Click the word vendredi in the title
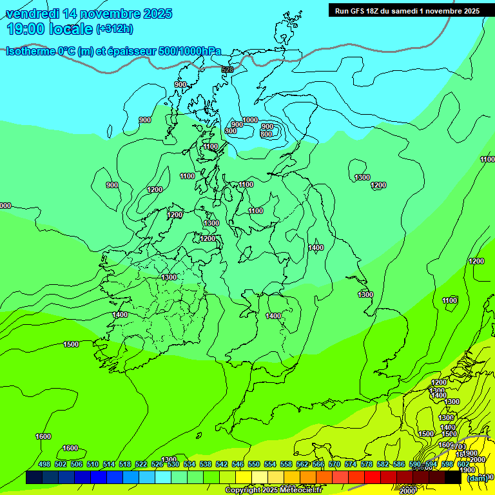click(32, 14)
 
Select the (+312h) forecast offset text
click(115, 29)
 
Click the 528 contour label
click(227, 70)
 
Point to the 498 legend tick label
click(44, 464)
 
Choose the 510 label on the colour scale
click(93, 464)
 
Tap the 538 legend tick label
click(205, 464)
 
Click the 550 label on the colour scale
click(253, 464)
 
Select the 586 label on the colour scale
click(398, 464)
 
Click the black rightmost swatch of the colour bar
click(452, 478)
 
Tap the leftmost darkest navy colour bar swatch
click(34, 478)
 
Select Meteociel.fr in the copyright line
click(302, 490)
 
